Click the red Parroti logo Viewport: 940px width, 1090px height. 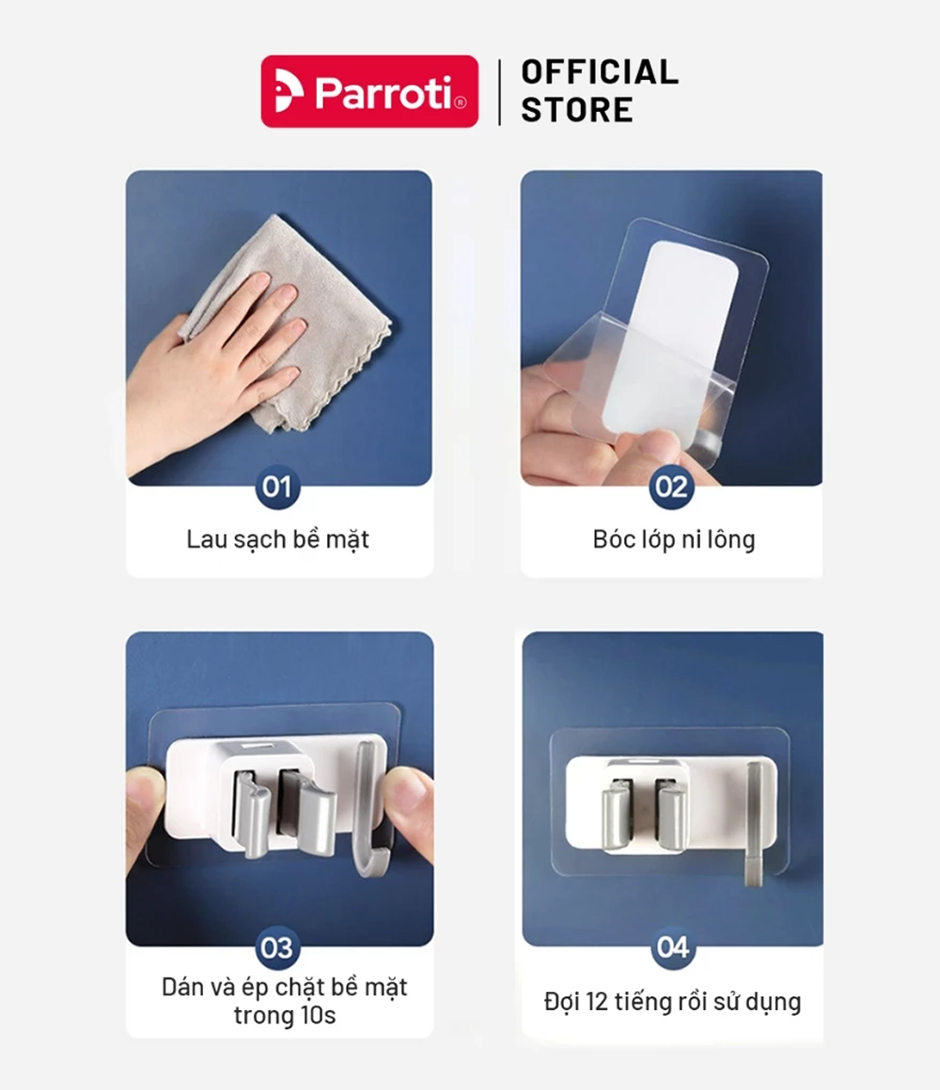click(x=369, y=91)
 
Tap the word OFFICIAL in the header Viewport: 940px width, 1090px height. click(x=600, y=72)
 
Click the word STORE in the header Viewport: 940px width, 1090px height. click(x=577, y=110)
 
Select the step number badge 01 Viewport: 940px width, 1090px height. click(x=277, y=487)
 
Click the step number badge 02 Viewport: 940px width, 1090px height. click(x=671, y=487)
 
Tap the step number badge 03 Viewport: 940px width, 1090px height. click(x=277, y=947)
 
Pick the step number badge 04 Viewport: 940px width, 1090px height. click(x=673, y=947)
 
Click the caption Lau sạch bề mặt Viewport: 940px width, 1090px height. click(x=277, y=539)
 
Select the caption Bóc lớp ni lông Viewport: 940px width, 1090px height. click(x=674, y=539)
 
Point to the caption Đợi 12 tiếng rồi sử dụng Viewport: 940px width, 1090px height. click(x=672, y=1002)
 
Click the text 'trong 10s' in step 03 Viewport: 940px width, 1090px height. click(x=285, y=1016)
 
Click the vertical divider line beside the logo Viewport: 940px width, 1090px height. click(x=499, y=92)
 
